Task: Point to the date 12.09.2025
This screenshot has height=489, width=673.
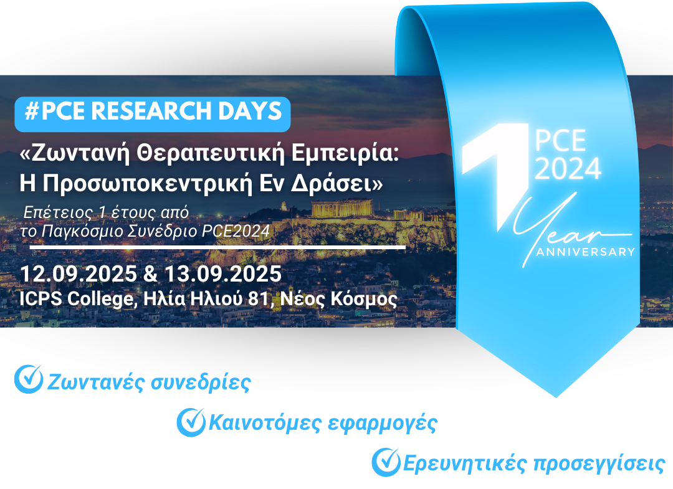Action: tap(79, 274)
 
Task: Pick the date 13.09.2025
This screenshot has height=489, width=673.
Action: tap(222, 274)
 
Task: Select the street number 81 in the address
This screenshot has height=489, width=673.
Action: tap(259, 298)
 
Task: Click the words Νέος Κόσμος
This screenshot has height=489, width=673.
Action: tap(338, 299)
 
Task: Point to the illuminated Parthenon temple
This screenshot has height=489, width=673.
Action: tap(342, 209)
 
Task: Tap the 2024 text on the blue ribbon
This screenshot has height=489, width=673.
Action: tap(568, 169)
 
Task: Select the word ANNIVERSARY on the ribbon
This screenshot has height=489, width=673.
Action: tap(585, 252)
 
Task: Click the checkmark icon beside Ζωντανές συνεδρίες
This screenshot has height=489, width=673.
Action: tap(29, 379)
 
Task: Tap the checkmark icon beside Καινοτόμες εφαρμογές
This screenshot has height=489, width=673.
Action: tap(191, 422)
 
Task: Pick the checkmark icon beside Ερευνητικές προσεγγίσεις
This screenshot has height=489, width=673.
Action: tap(386, 462)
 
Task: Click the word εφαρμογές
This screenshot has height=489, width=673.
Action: tap(382, 424)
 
